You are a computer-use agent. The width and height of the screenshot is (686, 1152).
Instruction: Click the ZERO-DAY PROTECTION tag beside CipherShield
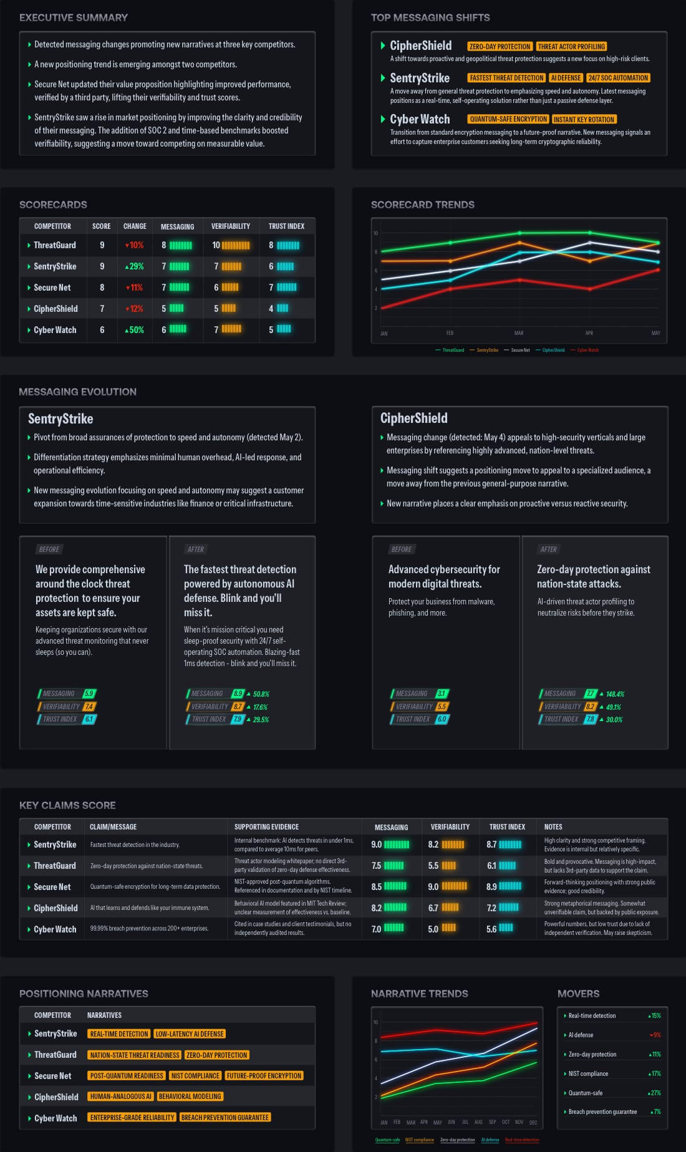pos(500,47)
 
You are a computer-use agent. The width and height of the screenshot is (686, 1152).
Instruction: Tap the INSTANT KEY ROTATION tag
pos(584,119)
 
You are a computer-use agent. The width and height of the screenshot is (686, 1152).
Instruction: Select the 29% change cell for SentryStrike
pos(135,266)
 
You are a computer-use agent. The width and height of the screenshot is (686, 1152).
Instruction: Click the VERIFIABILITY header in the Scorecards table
pos(231,226)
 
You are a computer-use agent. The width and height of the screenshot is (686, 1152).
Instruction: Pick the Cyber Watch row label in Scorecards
pos(55,330)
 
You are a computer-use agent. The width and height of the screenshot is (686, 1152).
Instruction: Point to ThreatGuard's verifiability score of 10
pos(216,245)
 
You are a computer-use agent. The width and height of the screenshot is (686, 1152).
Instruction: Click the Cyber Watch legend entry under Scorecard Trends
pos(587,350)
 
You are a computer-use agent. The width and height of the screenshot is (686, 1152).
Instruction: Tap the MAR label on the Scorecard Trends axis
pos(519,333)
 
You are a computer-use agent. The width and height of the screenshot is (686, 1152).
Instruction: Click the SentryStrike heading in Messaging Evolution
pos(60,419)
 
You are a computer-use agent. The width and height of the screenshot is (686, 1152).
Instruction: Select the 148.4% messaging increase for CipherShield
pos(615,694)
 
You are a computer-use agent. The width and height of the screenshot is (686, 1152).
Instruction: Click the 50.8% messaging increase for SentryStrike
pos(261,694)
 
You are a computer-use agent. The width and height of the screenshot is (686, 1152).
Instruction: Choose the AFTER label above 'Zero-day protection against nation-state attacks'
pos(549,549)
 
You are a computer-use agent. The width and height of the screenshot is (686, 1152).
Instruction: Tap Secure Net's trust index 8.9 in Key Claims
pos(492,886)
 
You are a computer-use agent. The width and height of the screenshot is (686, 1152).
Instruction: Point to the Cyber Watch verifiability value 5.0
pos(433,929)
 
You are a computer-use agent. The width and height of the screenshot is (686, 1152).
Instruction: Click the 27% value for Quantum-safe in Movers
pos(655,1093)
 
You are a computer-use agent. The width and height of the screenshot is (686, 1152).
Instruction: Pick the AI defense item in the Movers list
pos(581,1035)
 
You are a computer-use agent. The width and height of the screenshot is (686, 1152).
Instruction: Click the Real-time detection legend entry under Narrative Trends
pos(522,1140)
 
